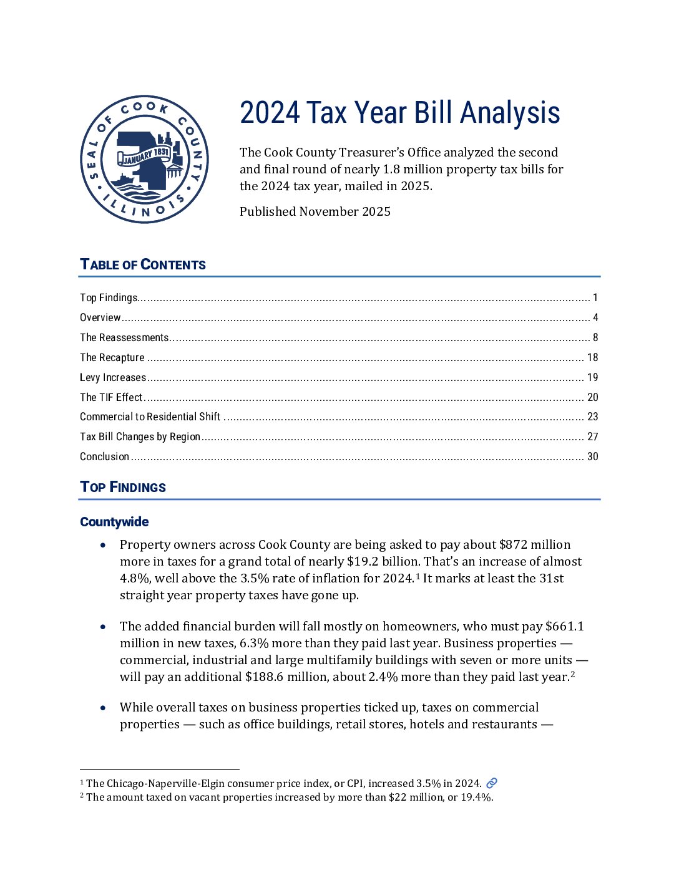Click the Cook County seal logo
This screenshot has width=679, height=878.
coord(145,159)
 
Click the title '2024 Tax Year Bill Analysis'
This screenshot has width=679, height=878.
coord(399,113)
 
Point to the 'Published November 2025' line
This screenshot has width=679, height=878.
coord(315,211)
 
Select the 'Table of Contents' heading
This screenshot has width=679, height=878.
coord(143,264)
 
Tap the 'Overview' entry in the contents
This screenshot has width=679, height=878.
coord(100,317)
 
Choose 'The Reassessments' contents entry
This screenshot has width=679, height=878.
coord(124,337)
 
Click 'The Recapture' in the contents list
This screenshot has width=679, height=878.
coord(112,357)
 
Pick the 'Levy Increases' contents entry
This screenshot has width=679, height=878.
coord(113,377)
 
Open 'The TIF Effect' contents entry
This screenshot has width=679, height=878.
coord(111,397)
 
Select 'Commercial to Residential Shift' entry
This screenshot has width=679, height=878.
coord(150,417)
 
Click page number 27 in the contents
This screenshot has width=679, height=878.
coord(592,437)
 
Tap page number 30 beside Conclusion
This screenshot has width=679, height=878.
coord(592,456)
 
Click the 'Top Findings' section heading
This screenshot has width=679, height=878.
coord(123,487)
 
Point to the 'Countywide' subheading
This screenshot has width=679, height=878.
coord(114,522)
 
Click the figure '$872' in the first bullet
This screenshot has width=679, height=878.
coord(513,544)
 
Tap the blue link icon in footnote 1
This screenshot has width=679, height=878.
coord(492,783)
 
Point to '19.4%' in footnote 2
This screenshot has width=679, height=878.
coord(476,797)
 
